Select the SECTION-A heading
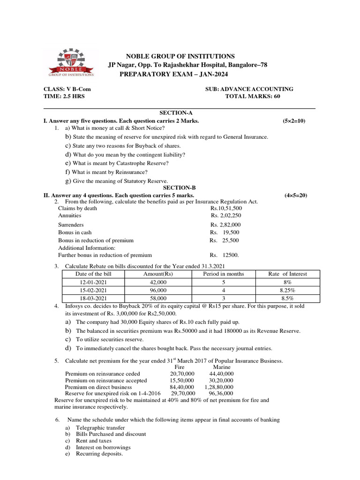176,113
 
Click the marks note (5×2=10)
294,121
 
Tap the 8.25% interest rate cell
287,290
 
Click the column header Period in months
223,274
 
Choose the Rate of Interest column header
287,274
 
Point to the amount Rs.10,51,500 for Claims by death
226,208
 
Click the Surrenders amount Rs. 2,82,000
225,225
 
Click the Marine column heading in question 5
222,367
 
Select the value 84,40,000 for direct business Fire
182,387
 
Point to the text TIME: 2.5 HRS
64,96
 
